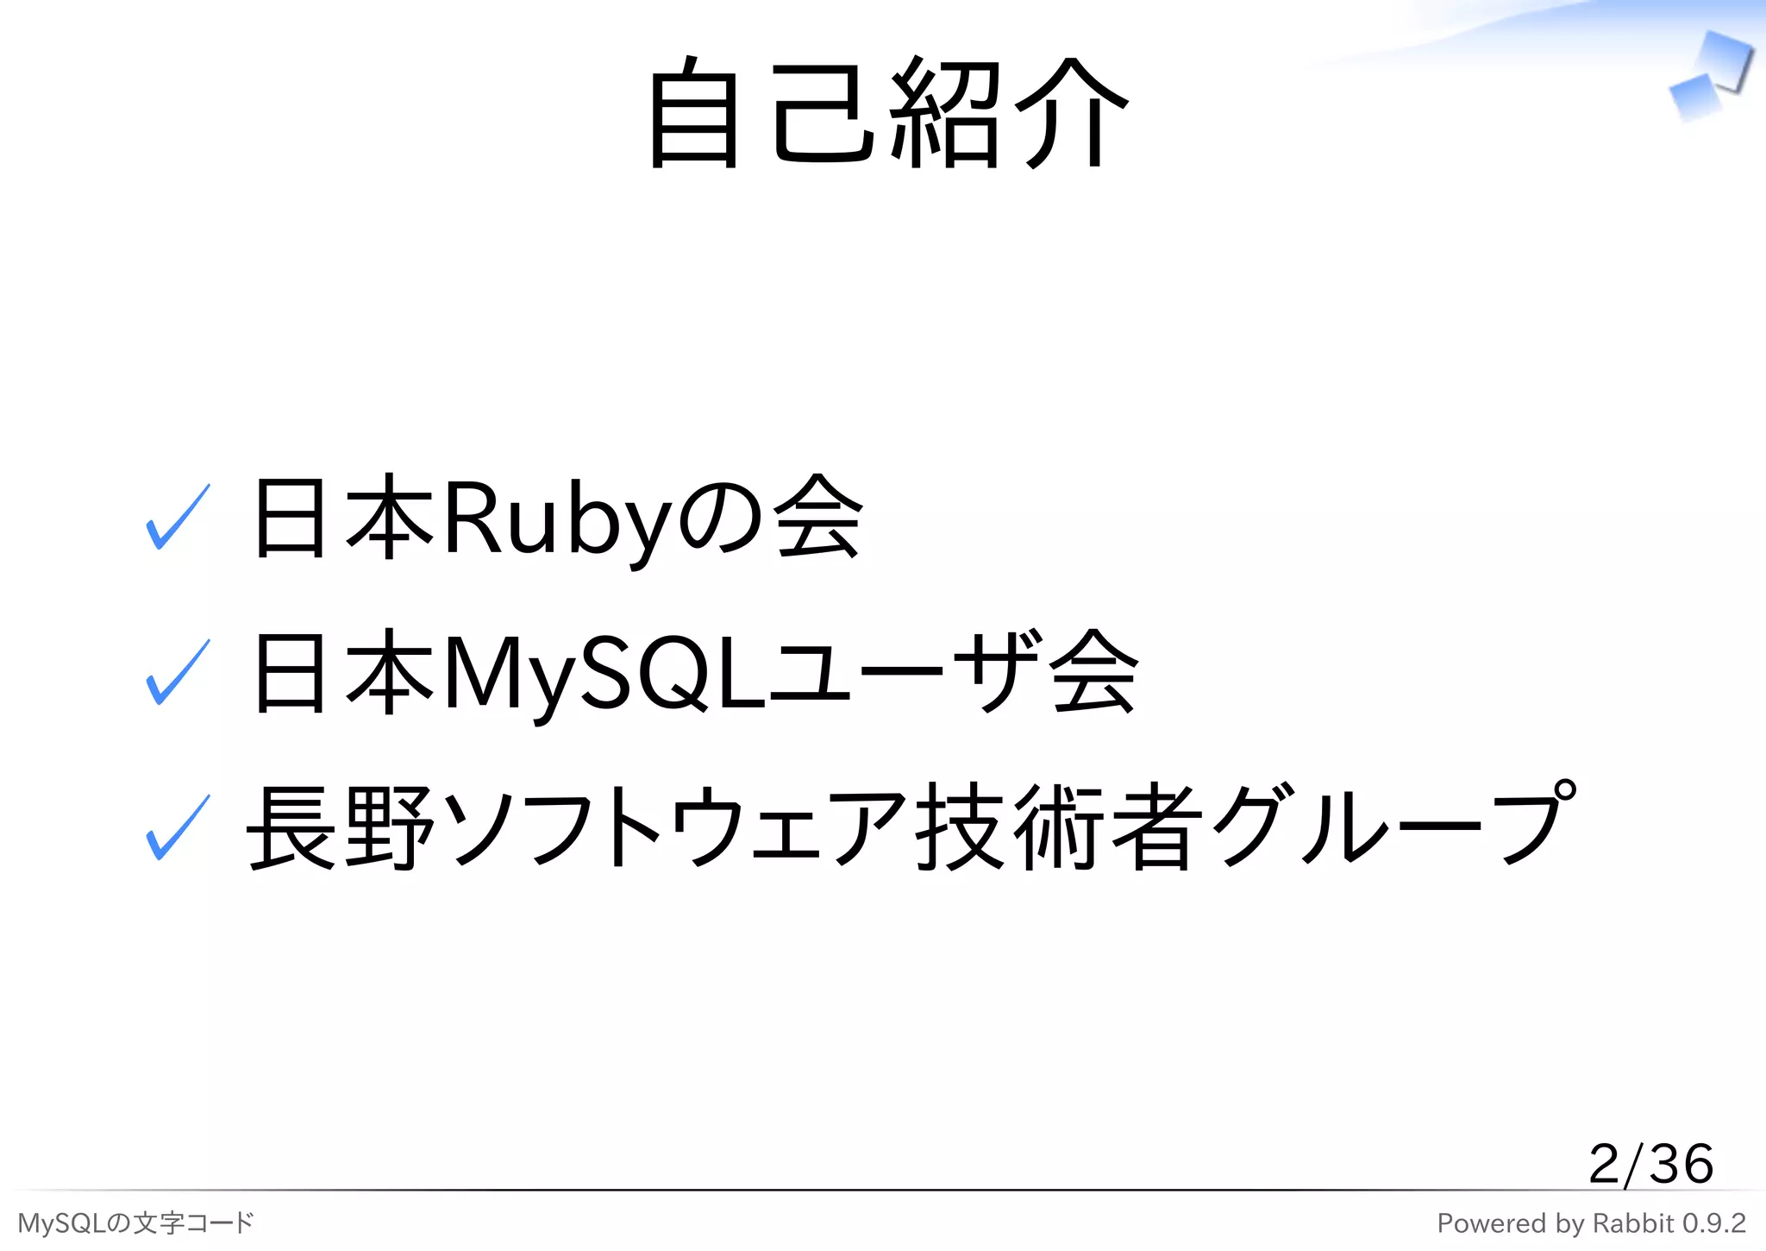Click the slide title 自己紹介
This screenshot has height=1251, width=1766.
(x=888, y=112)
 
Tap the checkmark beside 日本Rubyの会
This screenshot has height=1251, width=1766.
(x=178, y=518)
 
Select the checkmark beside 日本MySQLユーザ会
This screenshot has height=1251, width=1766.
(x=178, y=673)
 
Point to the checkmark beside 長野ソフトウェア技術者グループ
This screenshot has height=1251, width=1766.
(x=178, y=828)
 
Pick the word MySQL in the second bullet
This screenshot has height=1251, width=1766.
(x=604, y=673)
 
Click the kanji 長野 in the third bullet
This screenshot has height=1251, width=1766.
(x=341, y=828)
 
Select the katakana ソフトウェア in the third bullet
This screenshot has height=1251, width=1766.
(x=677, y=828)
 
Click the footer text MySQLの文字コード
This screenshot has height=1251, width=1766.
(x=135, y=1223)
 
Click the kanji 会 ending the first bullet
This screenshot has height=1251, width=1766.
(x=817, y=518)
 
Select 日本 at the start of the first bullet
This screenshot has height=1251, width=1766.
(x=341, y=518)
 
